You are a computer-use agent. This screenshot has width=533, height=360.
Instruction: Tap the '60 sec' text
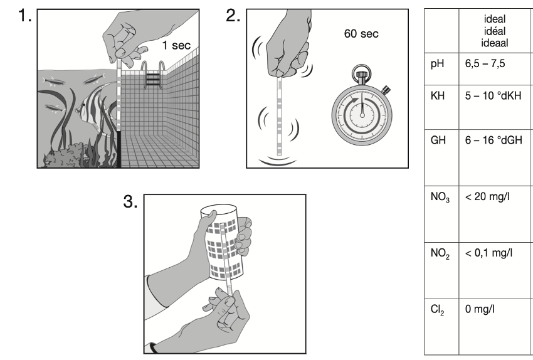pos(361,33)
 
